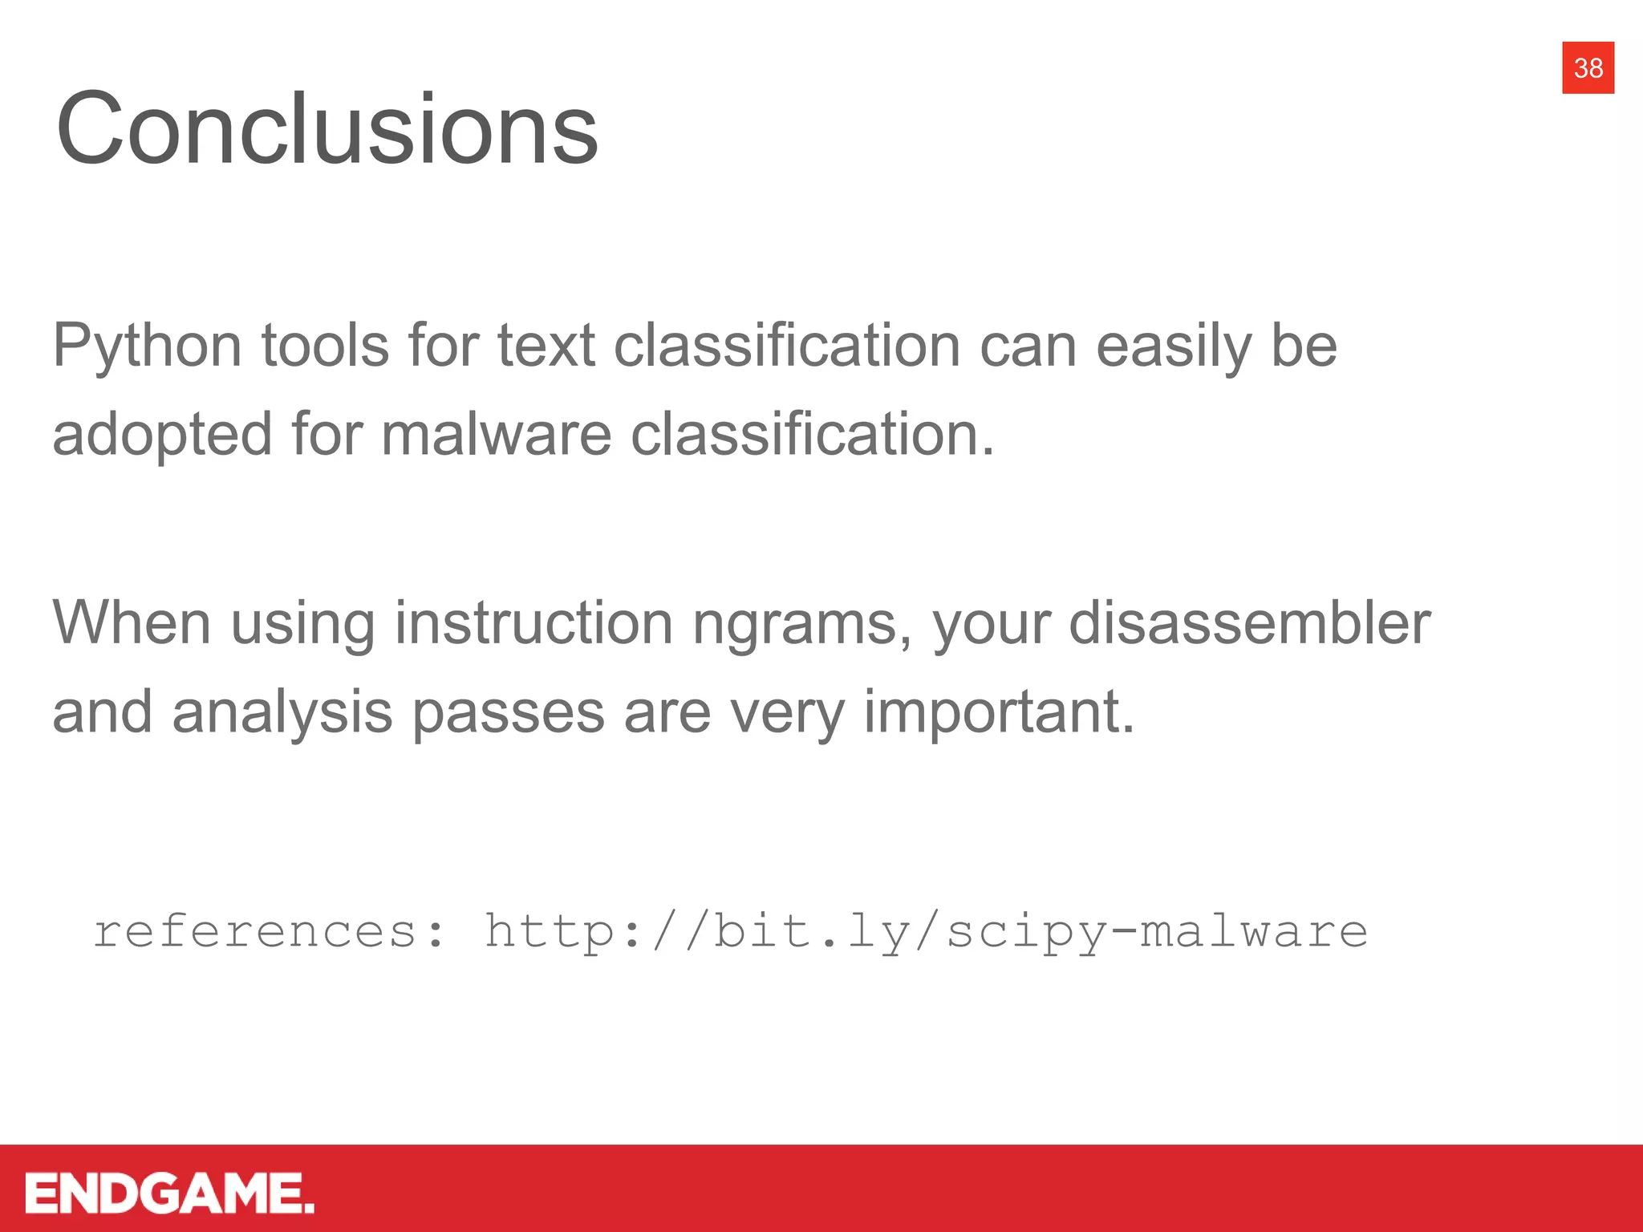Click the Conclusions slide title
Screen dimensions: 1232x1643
pos(327,128)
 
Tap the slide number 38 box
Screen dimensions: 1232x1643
pos(1588,68)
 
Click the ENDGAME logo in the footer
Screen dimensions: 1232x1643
pos(169,1193)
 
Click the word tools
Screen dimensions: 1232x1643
pos(325,346)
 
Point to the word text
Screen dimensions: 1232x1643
pos(546,346)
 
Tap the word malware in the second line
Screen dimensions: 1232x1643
pos(496,435)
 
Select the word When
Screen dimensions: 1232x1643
pos(132,623)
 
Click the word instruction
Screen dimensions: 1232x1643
pos(533,623)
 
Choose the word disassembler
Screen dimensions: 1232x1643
pos(1249,623)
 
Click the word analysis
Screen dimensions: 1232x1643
pos(282,713)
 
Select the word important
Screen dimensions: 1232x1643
pos(999,713)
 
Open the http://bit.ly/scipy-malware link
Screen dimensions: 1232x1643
pos(926,933)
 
